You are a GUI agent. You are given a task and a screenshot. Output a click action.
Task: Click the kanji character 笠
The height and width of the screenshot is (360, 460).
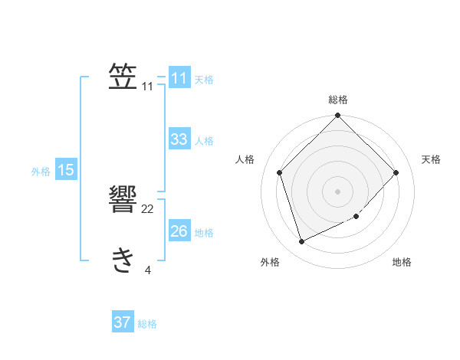click(123, 77)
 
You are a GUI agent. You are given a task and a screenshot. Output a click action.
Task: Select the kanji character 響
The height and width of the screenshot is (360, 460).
click(123, 201)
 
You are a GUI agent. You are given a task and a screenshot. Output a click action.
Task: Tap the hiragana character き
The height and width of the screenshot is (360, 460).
click(123, 261)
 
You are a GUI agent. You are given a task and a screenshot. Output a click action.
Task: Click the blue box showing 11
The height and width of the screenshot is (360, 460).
click(179, 78)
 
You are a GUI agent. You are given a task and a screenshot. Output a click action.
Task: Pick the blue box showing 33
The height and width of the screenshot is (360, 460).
click(179, 139)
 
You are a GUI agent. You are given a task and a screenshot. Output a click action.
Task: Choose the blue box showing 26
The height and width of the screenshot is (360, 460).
click(179, 231)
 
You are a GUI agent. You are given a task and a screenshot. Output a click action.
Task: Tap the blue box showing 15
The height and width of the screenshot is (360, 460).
click(66, 170)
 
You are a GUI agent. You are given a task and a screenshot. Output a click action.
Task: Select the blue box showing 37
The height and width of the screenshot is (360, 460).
click(123, 322)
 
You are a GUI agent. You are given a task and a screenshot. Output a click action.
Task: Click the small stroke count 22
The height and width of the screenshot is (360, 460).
click(148, 209)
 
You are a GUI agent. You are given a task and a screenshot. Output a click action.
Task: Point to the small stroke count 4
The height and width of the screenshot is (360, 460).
click(148, 270)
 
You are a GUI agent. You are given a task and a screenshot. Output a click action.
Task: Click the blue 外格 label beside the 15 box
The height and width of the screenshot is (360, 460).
click(41, 172)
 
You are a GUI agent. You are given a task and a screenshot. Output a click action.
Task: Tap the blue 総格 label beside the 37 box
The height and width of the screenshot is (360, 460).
click(147, 324)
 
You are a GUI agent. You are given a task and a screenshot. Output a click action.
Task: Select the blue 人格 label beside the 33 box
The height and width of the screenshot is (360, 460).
click(204, 141)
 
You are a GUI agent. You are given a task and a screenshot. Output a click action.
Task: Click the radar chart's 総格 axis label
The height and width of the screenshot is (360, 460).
click(338, 100)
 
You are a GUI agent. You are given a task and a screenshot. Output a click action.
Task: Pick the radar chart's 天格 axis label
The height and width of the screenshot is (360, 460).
click(432, 159)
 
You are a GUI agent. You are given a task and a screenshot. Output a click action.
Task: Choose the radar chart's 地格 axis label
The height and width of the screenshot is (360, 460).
click(402, 262)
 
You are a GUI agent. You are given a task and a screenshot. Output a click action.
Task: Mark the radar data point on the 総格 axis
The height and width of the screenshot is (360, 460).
click(338, 116)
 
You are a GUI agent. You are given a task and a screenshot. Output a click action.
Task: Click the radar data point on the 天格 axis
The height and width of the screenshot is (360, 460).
click(396, 172)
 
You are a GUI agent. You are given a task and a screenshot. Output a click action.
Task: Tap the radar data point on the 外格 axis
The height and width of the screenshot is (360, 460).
click(302, 242)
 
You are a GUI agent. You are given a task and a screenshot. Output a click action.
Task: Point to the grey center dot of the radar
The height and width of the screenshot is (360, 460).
click(338, 191)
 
